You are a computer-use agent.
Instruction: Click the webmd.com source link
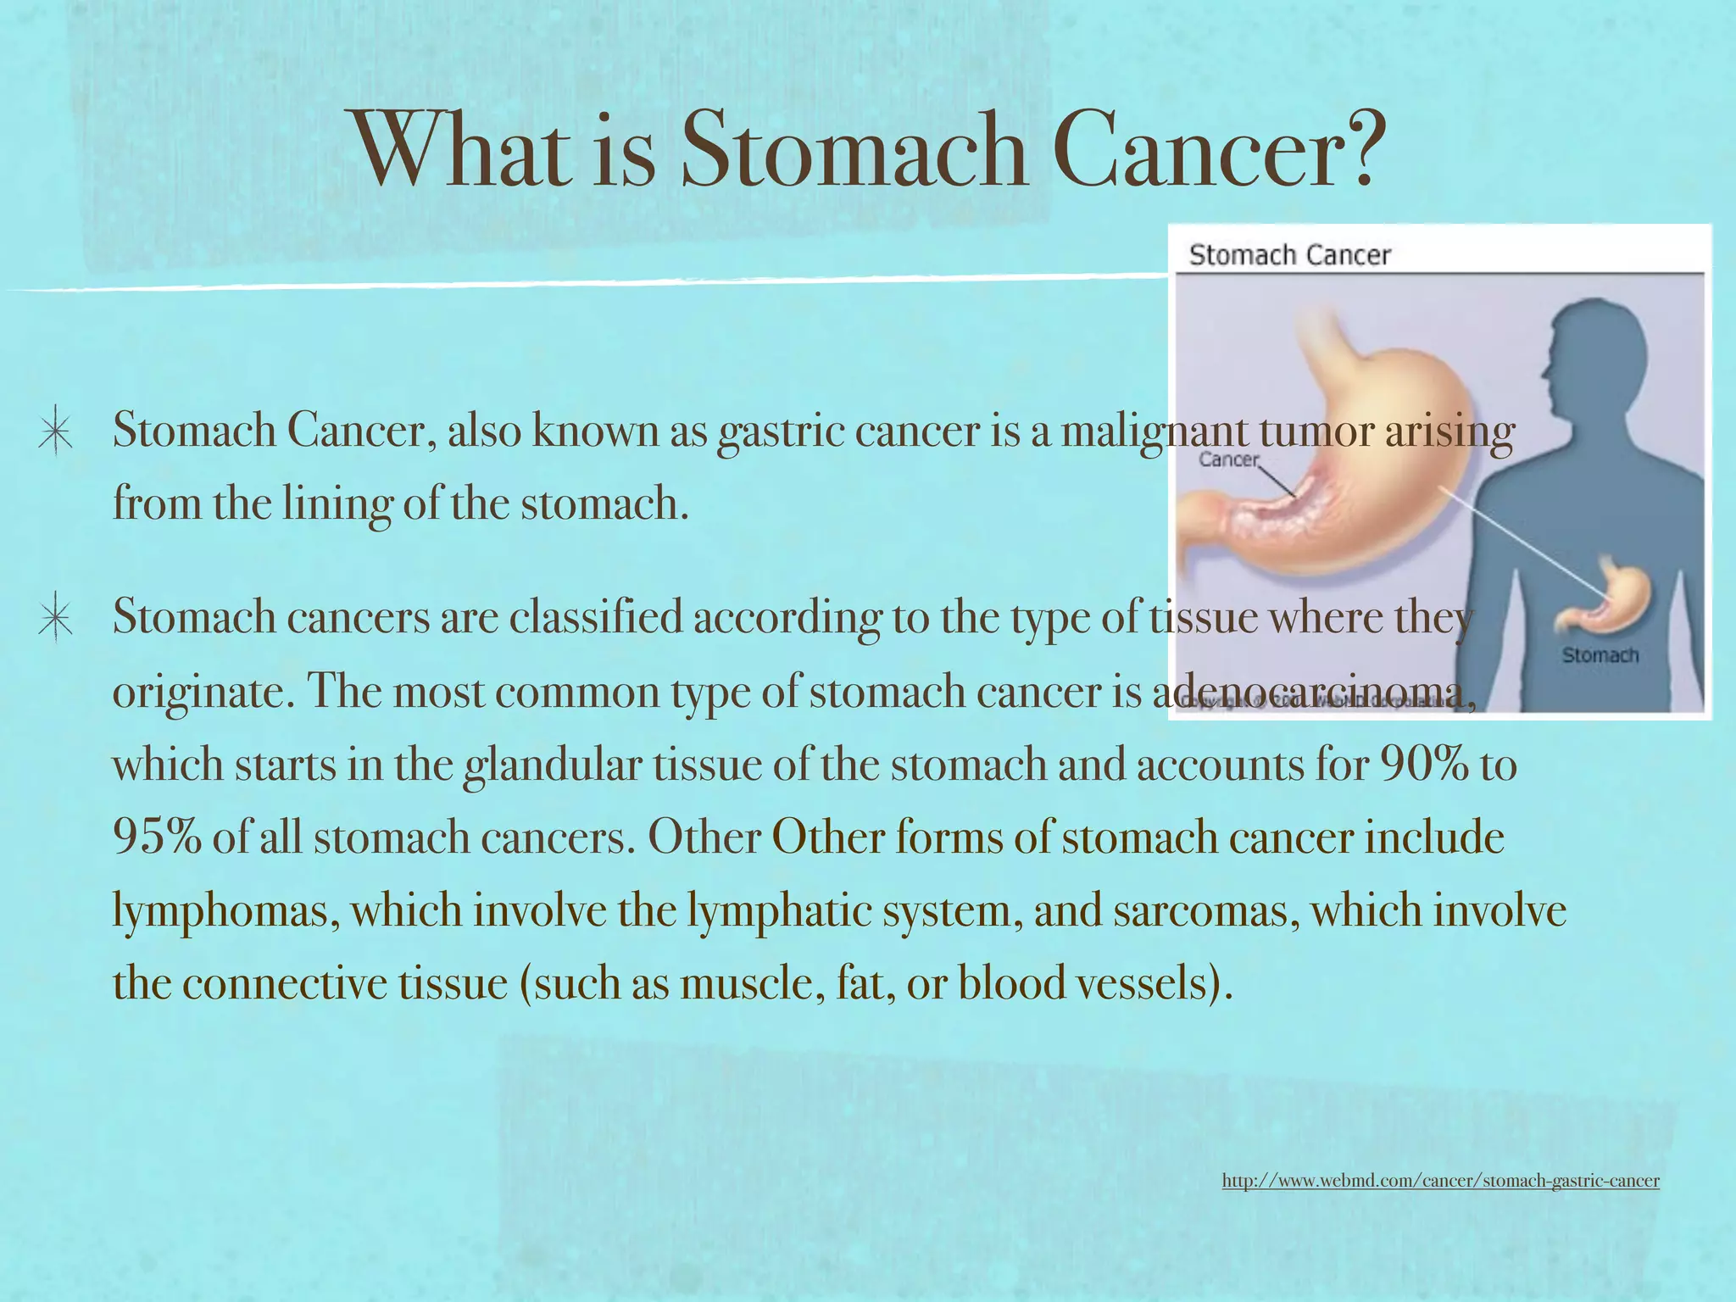tap(1440, 1180)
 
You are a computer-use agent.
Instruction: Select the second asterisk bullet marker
tap(55, 619)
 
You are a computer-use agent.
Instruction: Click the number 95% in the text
tap(157, 837)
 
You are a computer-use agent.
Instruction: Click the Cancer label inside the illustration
tap(1228, 459)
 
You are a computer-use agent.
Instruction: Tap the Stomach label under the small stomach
tap(1600, 655)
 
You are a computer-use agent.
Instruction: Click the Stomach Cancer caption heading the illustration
tap(1289, 255)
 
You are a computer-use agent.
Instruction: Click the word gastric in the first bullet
tap(781, 431)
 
